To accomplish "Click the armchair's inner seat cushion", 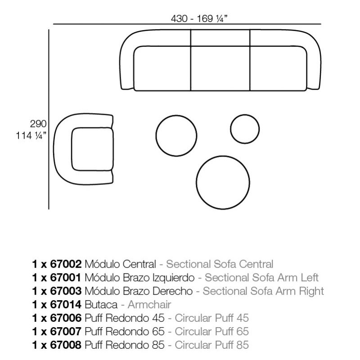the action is pyautogui.click(x=93, y=149).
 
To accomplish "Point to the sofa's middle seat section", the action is pyautogui.click(x=220, y=68).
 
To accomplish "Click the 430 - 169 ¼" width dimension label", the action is pyautogui.click(x=199, y=18).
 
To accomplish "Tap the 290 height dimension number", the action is pyautogui.click(x=38, y=124).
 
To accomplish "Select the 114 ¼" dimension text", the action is pyautogui.click(x=31, y=135).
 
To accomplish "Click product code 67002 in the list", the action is pyautogui.click(x=66, y=264).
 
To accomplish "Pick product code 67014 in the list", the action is pyautogui.click(x=66, y=305).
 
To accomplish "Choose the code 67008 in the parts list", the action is pyautogui.click(x=66, y=345).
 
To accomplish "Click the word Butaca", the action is pyautogui.click(x=101, y=305).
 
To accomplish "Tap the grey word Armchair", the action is pyautogui.click(x=149, y=305).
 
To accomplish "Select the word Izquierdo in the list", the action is pyautogui.click(x=174, y=278).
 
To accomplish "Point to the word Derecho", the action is pyautogui.click(x=172, y=291).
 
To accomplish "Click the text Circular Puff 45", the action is pyautogui.click(x=211, y=318).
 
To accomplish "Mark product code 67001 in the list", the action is pyautogui.click(x=66, y=278).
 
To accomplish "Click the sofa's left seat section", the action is pyautogui.click(x=162, y=68).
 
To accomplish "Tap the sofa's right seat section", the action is pyautogui.click(x=278, y=68).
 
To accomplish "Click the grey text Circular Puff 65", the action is pyautogui.click(x=211, y=331).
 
